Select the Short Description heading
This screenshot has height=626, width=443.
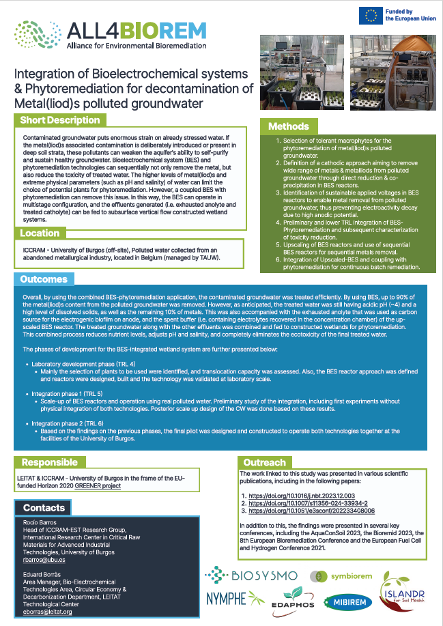60,121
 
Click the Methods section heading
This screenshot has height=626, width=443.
288,126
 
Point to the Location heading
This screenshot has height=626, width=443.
40,233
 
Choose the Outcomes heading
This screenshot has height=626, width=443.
44,279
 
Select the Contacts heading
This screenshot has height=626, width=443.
44,508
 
